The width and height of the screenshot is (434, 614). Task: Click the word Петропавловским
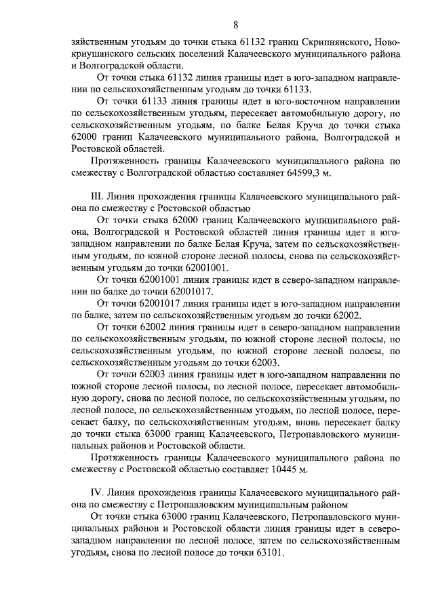pyautogui.click(x=195, y=505)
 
